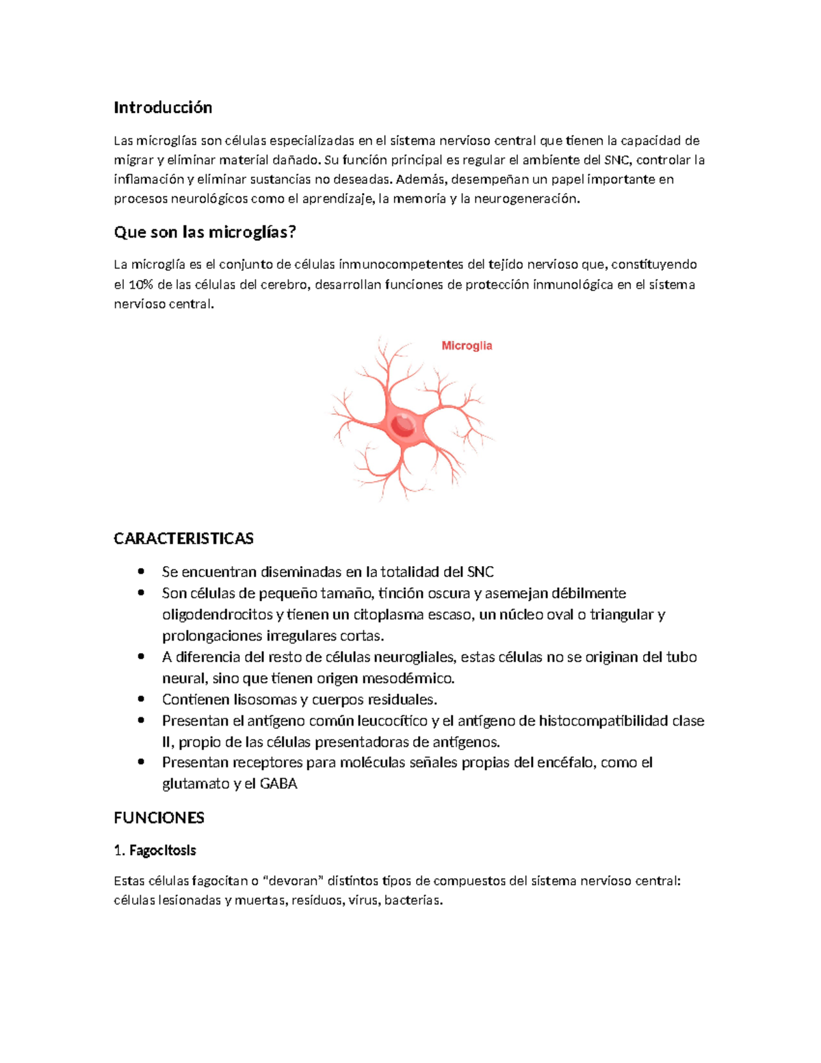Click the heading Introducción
click(163, 107)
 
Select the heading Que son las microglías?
click(205, 232)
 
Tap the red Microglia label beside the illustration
click(467, 346)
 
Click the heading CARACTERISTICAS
click(183, 539)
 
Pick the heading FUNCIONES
click(159, 818)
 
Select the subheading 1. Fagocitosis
click(155, 850)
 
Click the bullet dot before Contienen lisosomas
click(141, 699)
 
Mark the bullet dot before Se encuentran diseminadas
click(141, 572)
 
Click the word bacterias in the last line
click(413, 900)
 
